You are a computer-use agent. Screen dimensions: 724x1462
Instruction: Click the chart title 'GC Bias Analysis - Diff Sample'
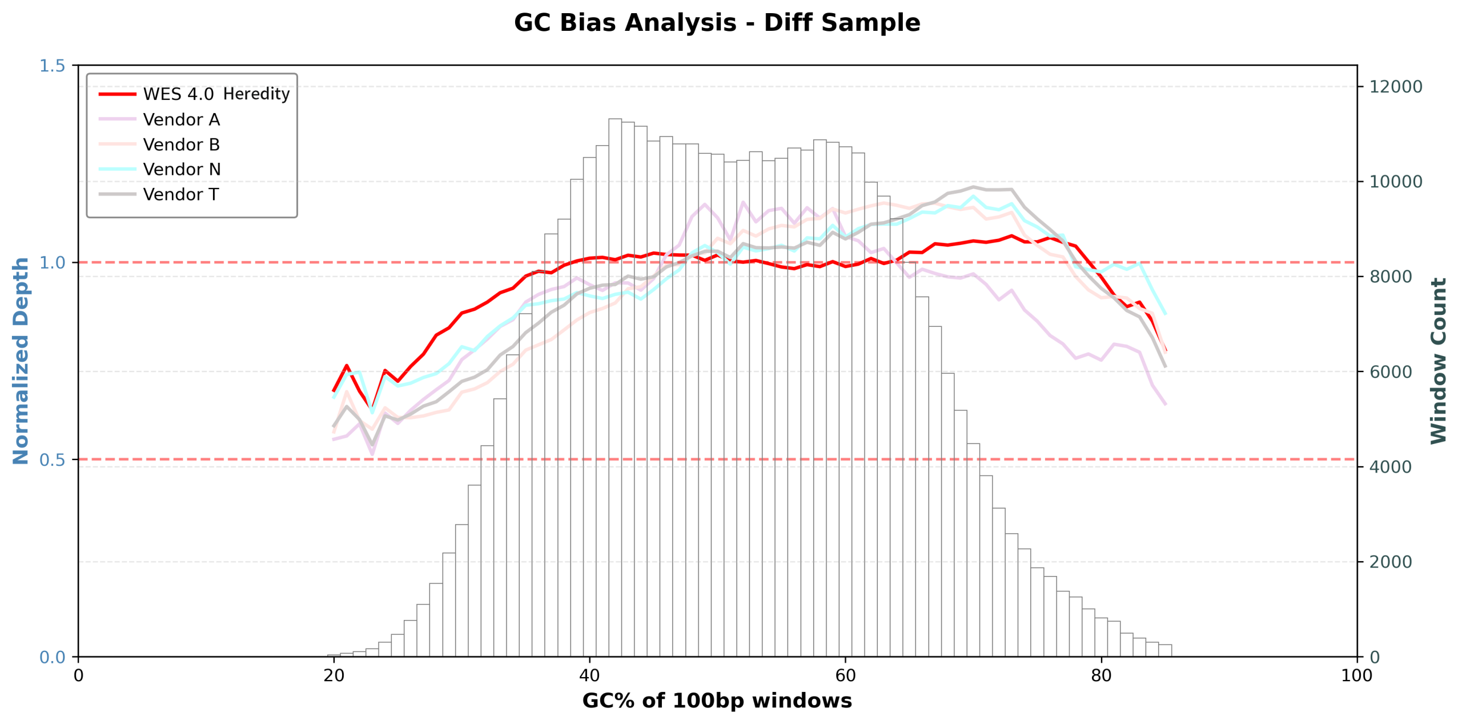click(717, 23)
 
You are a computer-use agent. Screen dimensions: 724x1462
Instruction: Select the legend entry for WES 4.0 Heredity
click(216, 94)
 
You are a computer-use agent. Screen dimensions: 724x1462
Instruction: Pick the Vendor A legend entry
click(181, 119)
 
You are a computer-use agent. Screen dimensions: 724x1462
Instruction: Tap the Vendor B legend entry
click(181, 145)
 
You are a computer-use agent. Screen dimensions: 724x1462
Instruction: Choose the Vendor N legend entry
click(182, 169)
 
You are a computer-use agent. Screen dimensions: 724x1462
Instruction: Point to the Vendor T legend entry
click(180, 194)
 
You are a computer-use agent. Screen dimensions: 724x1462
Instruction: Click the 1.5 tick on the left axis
click(52, 66)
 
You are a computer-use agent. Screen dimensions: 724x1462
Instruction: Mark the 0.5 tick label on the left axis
click(52, 460)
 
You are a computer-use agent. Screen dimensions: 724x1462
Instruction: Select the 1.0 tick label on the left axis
click(52, 263)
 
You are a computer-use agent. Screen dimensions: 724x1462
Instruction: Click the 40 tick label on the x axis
click(589, 675)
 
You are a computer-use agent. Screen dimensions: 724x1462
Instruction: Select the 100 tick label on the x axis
click(1356, 675)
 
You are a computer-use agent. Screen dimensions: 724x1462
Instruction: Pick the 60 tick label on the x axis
click(845, 675)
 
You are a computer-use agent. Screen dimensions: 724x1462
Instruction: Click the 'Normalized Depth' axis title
click(21, 361)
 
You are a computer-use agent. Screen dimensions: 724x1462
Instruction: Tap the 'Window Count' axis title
click(1439, 361)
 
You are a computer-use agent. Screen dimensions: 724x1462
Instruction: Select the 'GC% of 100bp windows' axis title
click(717, 701)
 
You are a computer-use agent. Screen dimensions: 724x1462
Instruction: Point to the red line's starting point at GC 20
click(334, 391)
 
